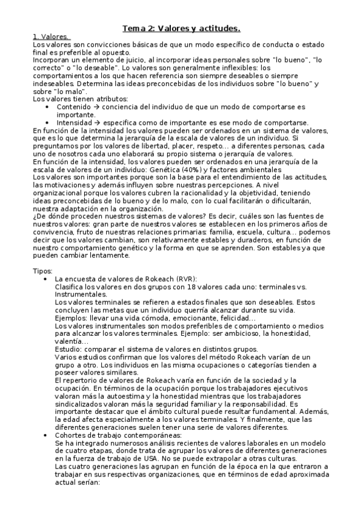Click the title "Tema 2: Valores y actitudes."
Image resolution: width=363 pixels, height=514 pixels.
click(181, 28)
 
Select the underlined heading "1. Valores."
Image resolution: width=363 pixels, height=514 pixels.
click(50, 37)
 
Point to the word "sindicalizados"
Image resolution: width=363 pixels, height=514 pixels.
click(81, 404)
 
